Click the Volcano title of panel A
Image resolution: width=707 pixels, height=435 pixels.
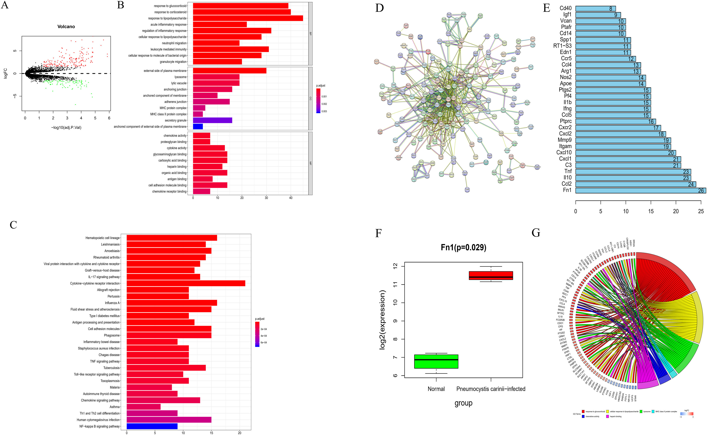pyautogui.click(x=66, y=26)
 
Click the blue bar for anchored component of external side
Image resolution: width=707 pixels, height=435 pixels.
pyautogui.click(x=198, y=127)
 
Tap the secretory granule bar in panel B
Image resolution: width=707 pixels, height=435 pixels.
pyautogui.click(x=212, y=120)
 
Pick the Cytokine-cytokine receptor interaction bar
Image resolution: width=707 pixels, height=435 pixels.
pyautogui.click(x=186, y=283)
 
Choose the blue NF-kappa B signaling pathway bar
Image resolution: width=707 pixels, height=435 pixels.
pyautogui.click(x=152, y=426)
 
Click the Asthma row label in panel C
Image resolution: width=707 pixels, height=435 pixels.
pyautogui.click(x=115, y=407)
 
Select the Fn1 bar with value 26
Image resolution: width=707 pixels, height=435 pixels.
pyautogui.click(x=640, y=190)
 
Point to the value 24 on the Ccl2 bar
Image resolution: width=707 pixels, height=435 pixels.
pyautogui.click(x=691, y=184)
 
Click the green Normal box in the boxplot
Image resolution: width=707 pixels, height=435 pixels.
pyautogui.click(x=436, y=361)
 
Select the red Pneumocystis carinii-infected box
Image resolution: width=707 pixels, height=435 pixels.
pyautogui.click(x=491, y=275)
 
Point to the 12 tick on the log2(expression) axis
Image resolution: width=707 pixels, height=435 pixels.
pyautogui.click(x=395, y=266)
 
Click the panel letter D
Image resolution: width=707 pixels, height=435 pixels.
pyautogui.click(x=380, y=8)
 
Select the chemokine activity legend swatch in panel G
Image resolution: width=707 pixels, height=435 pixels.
pyautogui.click(x=583, y=416)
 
